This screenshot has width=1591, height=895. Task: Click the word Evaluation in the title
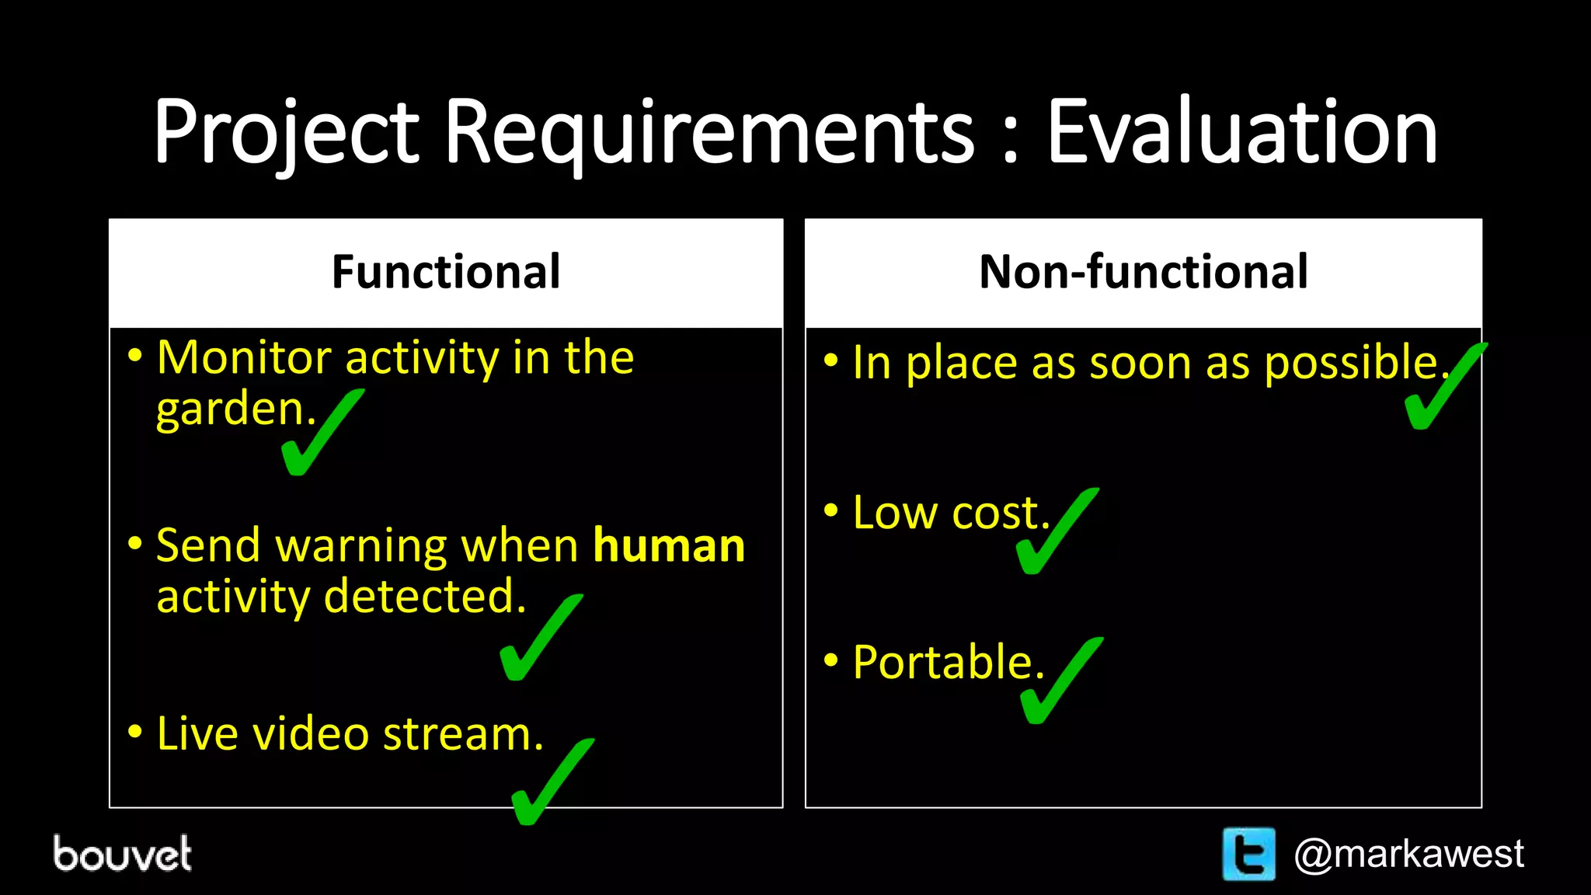(1241, 132)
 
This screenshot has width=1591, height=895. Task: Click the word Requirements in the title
(708, 132)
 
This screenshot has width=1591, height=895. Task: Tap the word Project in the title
(286, 132)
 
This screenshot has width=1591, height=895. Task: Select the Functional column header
(446, 272)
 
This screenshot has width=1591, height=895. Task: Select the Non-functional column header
(1143, 272)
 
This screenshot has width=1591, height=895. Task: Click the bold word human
(669, 545)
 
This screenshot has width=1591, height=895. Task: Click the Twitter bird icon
(1248, 854)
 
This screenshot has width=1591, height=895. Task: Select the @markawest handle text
(1408, 854)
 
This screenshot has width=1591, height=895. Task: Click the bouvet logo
(122, 854)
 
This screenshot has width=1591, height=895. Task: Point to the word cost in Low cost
(1000, 514)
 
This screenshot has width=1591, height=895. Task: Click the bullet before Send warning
(135, 544)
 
